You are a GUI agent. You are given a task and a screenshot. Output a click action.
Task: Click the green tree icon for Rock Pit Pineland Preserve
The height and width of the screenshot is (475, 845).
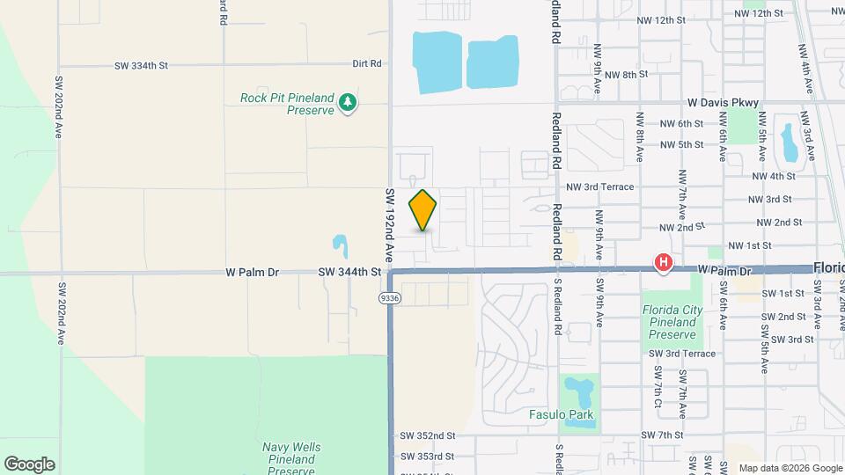(x=349, y=103)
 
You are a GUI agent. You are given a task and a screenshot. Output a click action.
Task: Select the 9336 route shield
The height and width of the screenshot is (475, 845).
(x=389, y=298)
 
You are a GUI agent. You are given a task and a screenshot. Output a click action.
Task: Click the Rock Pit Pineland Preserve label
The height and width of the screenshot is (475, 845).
(x=287, y=104)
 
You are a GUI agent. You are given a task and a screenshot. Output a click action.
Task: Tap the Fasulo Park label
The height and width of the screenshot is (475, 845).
(x=561, y=414)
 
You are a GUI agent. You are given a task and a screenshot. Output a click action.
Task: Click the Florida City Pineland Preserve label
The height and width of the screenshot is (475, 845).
(x=670, y=322)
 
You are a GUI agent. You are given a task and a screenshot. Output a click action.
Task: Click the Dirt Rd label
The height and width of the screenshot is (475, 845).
(x=366, y=63)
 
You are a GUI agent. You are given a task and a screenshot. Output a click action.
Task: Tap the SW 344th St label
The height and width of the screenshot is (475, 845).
(x=349, y=273)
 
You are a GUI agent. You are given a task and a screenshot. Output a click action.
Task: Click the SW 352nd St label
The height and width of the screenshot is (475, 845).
(x=427, y=435)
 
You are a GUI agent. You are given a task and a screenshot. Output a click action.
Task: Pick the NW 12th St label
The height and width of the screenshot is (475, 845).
(x=758, y=14)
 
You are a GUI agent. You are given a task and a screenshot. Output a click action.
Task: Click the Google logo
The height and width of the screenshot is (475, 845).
(x=29, y=464)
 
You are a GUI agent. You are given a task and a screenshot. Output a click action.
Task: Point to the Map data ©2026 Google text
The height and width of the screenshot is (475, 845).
(x=790, y=468)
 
